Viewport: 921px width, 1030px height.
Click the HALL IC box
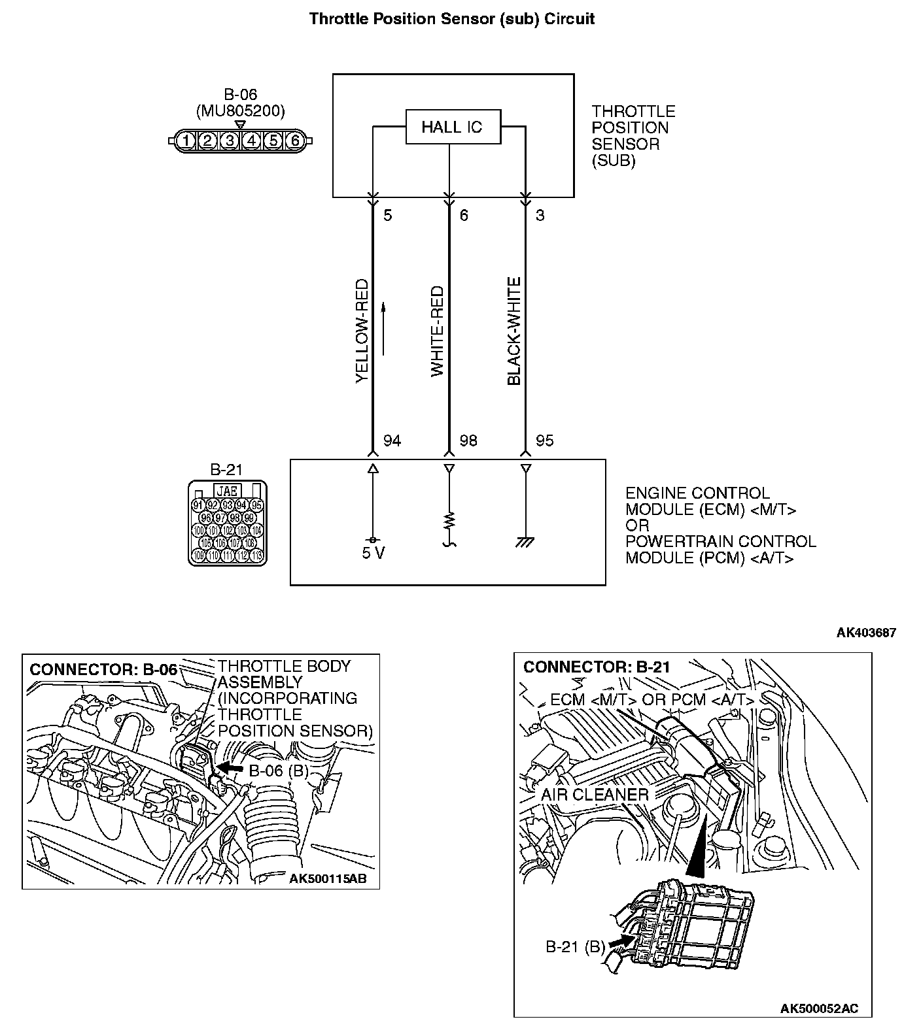[453, 127]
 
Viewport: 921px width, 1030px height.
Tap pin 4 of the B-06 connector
[251, 141]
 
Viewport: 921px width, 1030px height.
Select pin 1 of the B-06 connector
[186, 141]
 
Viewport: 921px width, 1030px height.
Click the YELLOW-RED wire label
[362, 331]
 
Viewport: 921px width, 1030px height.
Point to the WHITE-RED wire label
[437, 331]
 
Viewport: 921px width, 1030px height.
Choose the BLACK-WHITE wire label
[514, 331]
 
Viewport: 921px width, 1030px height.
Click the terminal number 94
[391, 441]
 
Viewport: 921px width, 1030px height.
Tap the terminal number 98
[468, 441]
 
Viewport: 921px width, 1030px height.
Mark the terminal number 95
[544, 441]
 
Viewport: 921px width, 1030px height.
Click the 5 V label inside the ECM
[373, 554]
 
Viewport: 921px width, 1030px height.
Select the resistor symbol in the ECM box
[449, 521]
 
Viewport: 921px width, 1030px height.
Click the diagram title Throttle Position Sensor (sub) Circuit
[452, 18]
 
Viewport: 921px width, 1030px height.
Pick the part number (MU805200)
[240, 112]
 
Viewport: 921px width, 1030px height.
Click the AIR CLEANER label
[594, 795]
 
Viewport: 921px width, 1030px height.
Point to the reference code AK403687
[866, 633]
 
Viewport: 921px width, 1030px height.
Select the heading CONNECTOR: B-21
[597, 667]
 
